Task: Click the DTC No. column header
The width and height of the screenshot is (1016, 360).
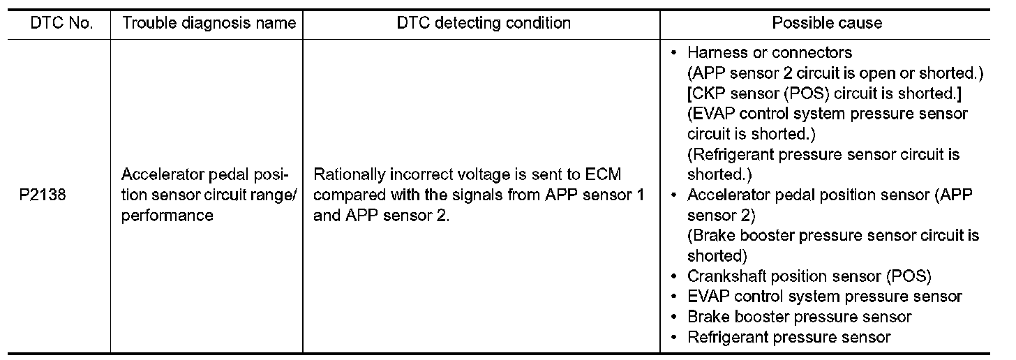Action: pos(62,23)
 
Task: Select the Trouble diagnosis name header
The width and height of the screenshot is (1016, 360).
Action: pos(209,23)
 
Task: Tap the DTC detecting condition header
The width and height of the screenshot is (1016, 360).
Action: pos(484,23)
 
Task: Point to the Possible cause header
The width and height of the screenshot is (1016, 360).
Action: pos(827,23)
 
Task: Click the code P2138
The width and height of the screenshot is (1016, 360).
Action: pos(43,196)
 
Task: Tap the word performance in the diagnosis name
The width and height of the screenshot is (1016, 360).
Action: pos(167,216)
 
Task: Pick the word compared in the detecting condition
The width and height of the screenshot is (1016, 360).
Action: pos(348,196)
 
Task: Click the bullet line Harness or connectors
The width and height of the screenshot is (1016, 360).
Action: pos(770,53)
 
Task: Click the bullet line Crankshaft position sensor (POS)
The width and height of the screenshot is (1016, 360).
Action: pos(809,276)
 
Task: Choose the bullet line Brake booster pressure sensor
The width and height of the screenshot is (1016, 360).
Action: pos(800,317)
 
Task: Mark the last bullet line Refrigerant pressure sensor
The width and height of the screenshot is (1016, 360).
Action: pos(789,338)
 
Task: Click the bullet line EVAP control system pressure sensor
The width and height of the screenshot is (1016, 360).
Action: pos(825,297)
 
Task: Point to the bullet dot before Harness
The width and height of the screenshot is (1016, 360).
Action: pos(673,53)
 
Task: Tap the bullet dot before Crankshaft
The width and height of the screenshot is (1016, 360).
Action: pos(673,276)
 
